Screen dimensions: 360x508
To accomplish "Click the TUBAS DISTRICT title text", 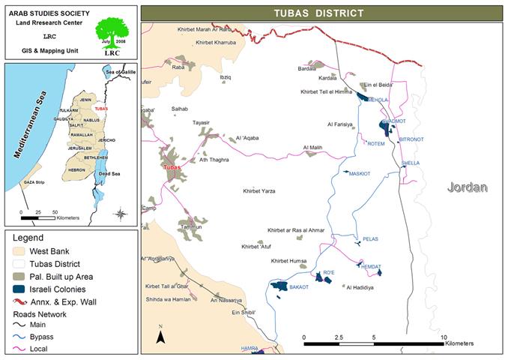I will [x=324, y=13].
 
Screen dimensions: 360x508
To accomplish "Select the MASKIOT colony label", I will [x=360, y=174].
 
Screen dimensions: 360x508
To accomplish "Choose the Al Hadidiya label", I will [x=360, y=287].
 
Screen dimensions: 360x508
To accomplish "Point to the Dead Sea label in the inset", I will [x=110, y=173].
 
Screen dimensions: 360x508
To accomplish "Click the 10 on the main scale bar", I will [x=444, y=337].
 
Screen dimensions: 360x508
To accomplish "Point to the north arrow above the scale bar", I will [x=160, y=335].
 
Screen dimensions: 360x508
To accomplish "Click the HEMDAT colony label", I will [x=372, y=267].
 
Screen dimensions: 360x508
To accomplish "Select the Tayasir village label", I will [x=202, y=122].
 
